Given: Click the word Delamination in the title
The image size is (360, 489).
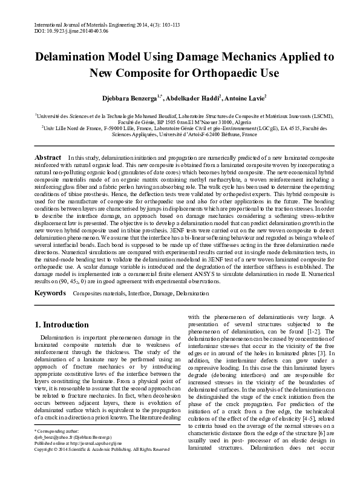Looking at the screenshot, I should tap(68, 58).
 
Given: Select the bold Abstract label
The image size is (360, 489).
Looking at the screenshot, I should tap(48, 158).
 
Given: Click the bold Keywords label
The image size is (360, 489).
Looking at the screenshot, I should tap(50, 293).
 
